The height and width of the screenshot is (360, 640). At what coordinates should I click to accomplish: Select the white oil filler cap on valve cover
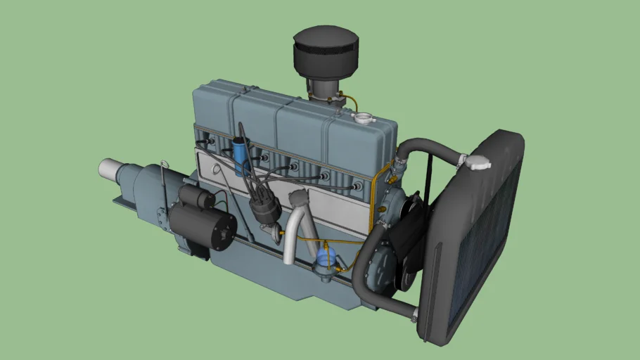pos(363,118)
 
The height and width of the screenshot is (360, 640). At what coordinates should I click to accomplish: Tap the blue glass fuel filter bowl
pos(325,255)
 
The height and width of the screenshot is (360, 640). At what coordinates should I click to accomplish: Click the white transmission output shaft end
pos(109,169)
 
